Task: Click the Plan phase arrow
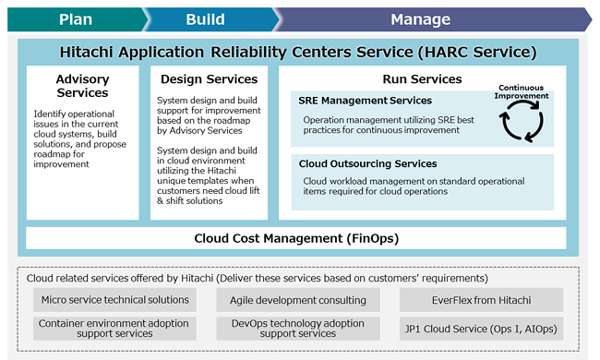click(75, 18)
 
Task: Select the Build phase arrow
click(204, 18)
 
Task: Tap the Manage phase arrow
click(421, 18)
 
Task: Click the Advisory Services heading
click(82, 86)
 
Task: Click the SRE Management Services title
click(365, 100)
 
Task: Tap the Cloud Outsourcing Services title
click(367, 163)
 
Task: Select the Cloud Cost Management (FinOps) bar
click(295, 238)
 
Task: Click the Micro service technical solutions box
click(114, 299)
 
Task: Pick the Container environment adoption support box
click(114, 329)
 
